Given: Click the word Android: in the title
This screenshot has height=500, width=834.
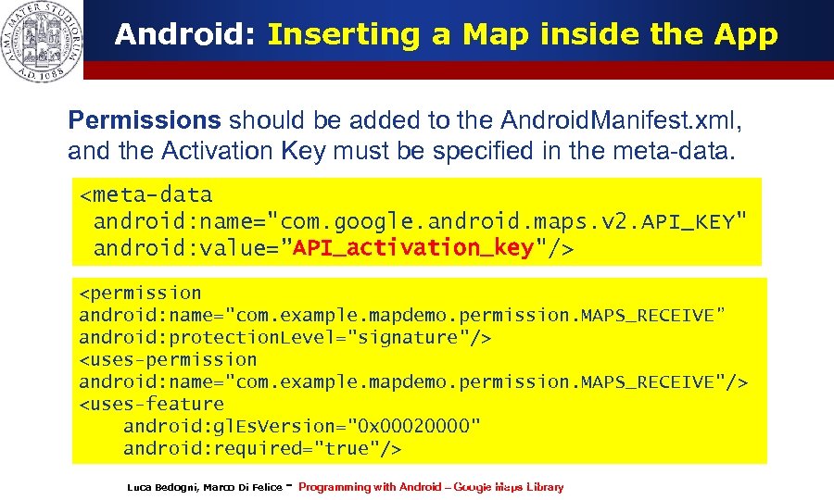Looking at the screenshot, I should [186, 35].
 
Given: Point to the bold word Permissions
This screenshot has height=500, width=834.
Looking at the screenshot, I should [145, 120].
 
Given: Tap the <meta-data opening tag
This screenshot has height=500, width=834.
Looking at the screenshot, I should [145, 194].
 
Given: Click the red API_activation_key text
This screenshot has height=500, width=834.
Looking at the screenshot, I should [413, 247].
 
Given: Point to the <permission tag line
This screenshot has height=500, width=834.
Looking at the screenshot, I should [140, 293].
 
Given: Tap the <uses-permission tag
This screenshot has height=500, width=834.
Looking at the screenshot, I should [168, 359].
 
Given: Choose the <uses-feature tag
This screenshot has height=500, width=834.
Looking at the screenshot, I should [151, 404].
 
